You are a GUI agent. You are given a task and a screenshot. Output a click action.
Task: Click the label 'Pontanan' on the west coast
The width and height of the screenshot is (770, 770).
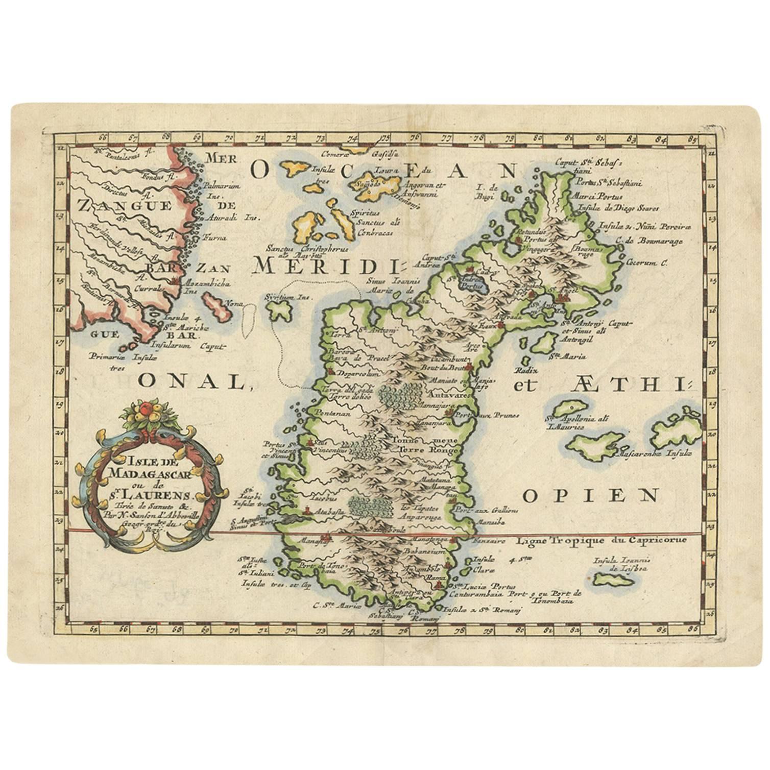coord(333,414)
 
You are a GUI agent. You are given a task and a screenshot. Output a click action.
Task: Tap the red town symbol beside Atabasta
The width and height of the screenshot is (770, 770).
coord(307,510)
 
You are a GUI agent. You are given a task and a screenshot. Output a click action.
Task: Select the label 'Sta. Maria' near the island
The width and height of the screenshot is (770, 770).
coord(572,356)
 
